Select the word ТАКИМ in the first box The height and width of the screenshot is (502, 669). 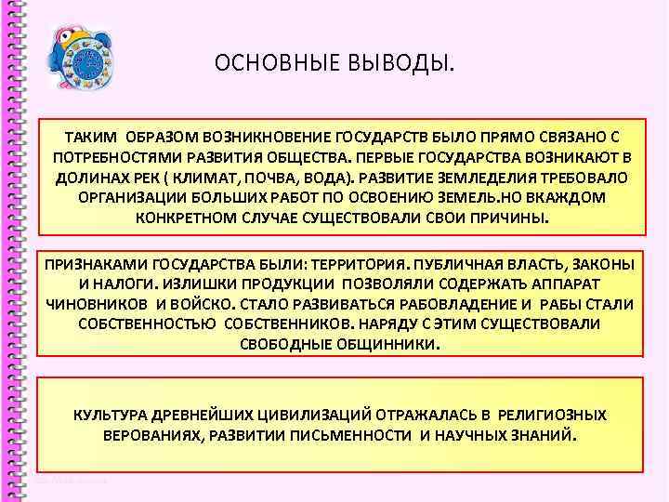point(90,137)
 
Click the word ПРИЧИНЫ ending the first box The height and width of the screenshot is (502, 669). point(510,218)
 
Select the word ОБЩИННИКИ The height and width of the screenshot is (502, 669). point(389,344)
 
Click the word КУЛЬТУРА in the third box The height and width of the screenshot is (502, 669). point(109,415)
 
